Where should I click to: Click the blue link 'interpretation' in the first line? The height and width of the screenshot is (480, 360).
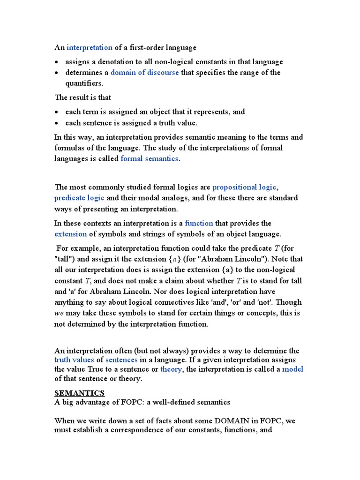click(90, 47)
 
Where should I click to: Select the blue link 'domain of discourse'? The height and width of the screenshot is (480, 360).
click(144, 73)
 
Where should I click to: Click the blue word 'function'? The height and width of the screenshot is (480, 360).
click(199, 223)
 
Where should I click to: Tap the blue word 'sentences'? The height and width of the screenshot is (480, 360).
click(121, 360)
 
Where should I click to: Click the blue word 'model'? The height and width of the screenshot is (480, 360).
click(292, 369)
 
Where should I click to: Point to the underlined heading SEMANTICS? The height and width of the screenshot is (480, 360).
click(79, 392)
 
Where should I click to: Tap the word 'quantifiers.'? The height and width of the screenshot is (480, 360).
click(84, 83)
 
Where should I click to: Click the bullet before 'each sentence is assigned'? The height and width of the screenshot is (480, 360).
click(57, 123)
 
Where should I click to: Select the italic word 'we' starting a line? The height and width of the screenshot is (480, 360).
click(59, 313)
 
